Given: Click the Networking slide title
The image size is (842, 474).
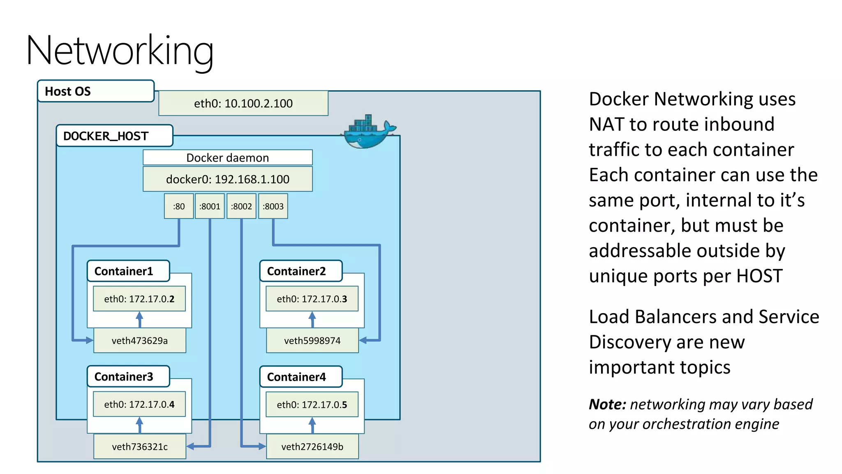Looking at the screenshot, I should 120,51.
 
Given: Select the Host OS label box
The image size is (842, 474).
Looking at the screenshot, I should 96,91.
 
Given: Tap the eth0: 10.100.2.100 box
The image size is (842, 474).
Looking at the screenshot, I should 243,103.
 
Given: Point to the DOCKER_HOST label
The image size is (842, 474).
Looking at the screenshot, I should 114,136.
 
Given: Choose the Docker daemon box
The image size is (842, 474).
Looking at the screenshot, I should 227,158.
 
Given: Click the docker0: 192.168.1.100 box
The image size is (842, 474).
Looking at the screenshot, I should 227,179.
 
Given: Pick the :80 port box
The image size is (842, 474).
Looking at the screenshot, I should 179,206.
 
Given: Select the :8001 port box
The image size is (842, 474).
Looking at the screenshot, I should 210,206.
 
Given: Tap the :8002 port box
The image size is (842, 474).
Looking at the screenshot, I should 241,206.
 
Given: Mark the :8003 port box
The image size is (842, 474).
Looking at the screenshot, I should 273,206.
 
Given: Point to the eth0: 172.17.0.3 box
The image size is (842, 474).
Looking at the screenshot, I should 312,299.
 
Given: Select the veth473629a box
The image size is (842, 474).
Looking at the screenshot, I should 140,341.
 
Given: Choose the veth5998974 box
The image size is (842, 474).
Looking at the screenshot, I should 312,341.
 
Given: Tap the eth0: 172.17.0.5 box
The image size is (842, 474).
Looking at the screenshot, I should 312,404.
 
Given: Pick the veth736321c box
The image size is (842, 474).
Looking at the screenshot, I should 140,446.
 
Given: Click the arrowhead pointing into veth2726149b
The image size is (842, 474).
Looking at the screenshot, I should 261,446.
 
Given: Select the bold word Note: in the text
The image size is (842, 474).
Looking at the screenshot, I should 607,404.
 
